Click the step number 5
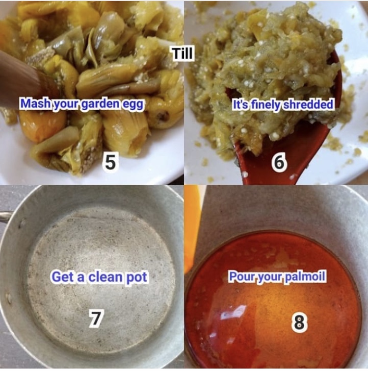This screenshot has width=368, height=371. click(x=110, y=162)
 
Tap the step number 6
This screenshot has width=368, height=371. click(x=279, y=162)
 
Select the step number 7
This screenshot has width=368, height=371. click(x=96, y=319)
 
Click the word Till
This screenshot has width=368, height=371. click(x=182, y=53)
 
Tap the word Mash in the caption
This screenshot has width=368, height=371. click(x=34, y=104)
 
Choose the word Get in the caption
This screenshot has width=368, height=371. click(x=62, y=277)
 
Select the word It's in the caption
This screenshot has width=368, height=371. click(x=240, y=104)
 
